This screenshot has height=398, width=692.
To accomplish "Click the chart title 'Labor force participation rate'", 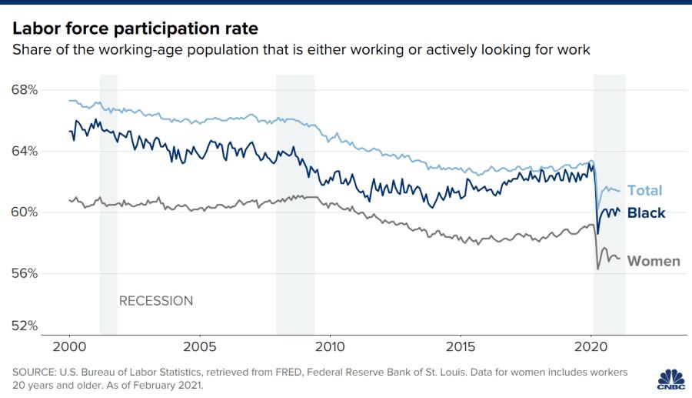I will [x=135, y=28].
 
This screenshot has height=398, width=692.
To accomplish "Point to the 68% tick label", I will [x=25, y=89].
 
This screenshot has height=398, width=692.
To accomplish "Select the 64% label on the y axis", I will [x=25, y=151].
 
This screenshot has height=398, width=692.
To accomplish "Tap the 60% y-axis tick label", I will [x=25, y=212].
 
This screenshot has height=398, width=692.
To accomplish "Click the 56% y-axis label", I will [x=25, y=273].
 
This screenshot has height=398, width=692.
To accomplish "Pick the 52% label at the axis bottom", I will [x=25, y=326].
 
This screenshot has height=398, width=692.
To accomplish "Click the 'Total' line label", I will [x=644, y=191].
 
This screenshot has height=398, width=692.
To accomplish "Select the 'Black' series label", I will [x=646, y=213].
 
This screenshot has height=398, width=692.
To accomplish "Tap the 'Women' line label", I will [x=654, y=261].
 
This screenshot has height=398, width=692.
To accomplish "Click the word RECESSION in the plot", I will [x=156, y=301].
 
